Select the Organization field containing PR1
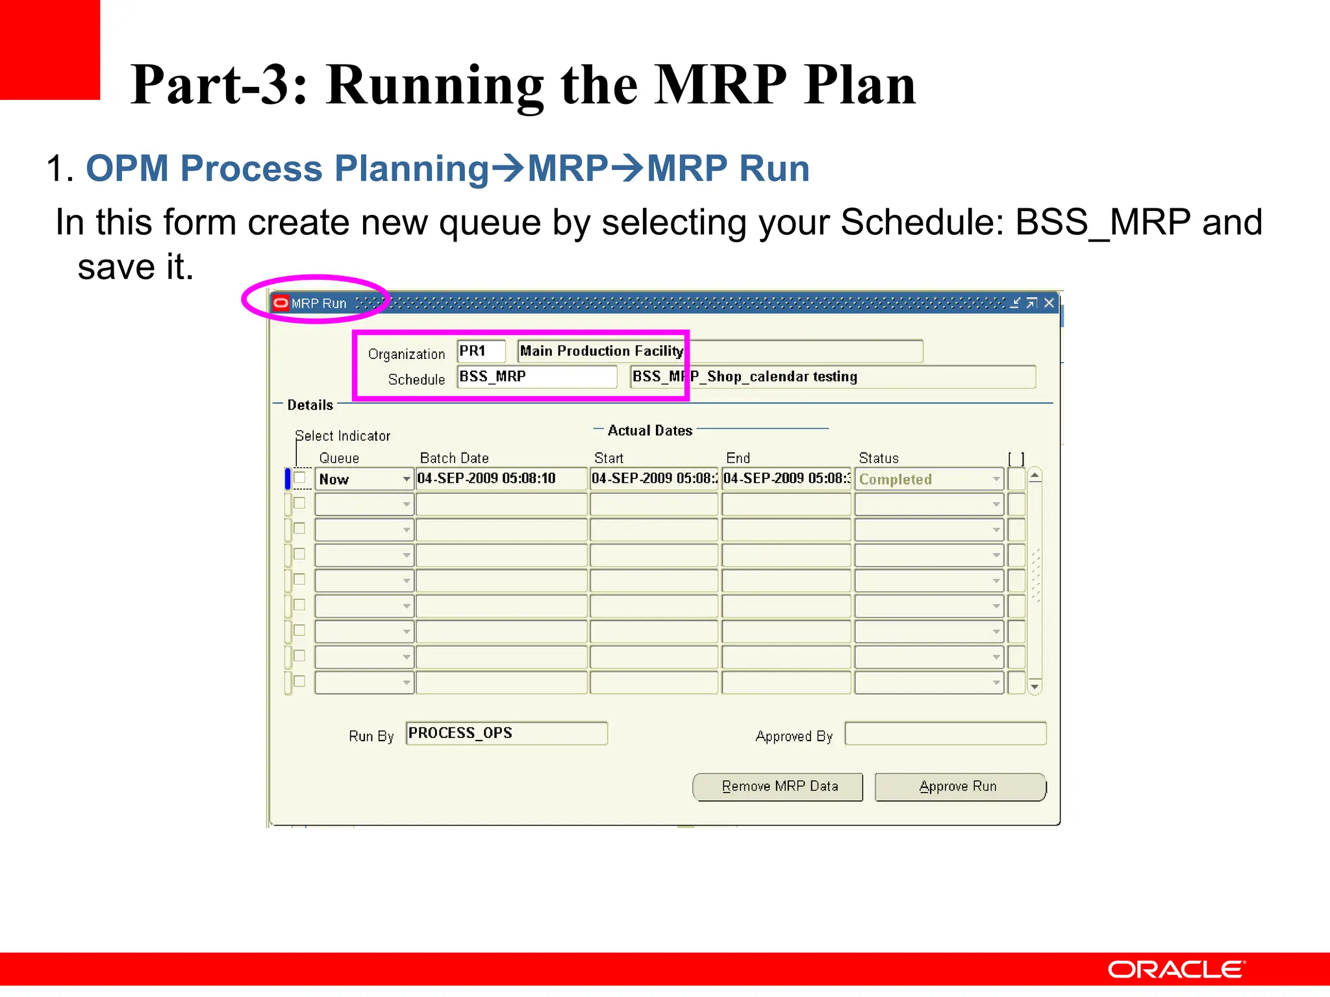click(481, 351)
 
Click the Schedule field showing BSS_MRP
click(536, 376)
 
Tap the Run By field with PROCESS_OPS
click(506, 733)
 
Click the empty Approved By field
click(945, 733)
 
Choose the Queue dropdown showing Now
click(364, 479)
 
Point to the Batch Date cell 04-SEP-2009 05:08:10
click(501, 478)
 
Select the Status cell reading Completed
click(928, 479)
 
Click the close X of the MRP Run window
click(1049, 303)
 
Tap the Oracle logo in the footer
click(1176, 969)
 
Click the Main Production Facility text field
click(720, 351)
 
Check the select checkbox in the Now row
click(299, 478)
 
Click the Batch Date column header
click(454, 458)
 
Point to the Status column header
click(878, 458)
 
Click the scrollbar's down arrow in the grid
click(1035, 686)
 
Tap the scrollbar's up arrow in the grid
click(1035, 476)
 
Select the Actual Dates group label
click(649, 430)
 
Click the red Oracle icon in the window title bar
click(281, 303)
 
